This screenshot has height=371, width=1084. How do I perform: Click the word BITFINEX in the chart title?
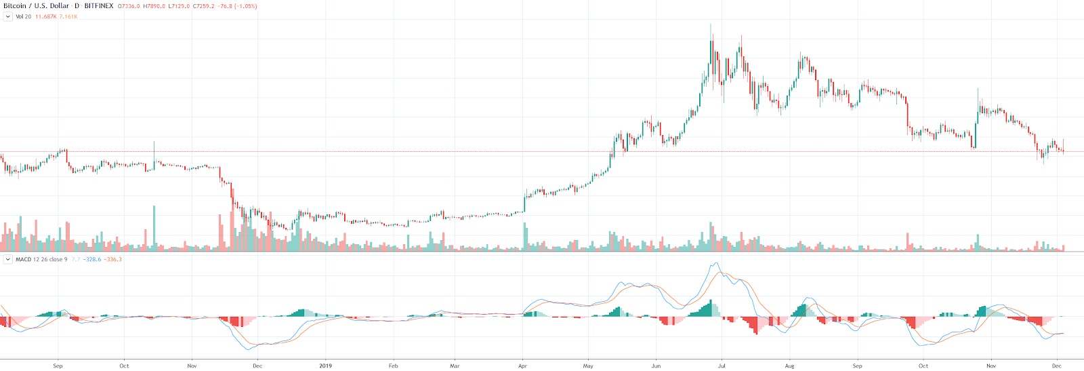98,6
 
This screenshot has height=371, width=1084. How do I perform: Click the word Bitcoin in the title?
15,6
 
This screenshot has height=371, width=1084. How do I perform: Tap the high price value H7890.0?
153,6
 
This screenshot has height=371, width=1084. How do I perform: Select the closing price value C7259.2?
204,6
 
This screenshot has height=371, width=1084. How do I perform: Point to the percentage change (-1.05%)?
245,6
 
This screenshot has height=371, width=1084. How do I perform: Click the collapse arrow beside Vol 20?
8,16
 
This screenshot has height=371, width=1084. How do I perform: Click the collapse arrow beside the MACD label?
8,259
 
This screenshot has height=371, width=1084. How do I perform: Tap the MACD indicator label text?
41,259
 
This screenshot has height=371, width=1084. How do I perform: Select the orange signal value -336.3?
113,259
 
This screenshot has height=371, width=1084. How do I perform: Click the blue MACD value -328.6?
92,259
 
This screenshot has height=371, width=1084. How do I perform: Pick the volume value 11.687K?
45,16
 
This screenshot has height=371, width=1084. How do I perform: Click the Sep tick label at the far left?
58,366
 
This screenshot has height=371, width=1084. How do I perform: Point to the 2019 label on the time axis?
326,366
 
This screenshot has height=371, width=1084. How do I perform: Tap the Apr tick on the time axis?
522,366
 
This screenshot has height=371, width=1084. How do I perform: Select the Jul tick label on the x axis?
722,366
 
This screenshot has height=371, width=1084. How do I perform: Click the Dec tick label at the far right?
1056,366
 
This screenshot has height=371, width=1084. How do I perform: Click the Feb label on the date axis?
393,366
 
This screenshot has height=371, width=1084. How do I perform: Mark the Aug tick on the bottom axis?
789,366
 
